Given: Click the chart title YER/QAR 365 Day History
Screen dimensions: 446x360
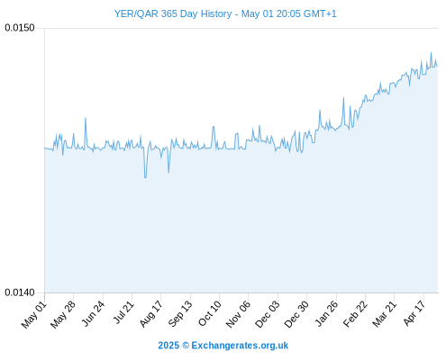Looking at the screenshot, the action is pos(173,13).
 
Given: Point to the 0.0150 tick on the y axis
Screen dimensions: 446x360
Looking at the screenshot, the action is pos(20,28).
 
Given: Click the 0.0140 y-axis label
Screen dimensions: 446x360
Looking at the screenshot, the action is pos(20,292).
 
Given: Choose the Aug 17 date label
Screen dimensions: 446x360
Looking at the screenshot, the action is pos(151,314).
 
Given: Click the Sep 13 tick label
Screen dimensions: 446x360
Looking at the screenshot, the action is pos(180,314).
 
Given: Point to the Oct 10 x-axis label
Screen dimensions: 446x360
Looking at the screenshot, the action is pos(210,313).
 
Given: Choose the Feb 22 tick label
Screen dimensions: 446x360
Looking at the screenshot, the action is pos(355,314).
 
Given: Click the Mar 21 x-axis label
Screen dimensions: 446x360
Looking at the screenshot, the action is pos(385,314).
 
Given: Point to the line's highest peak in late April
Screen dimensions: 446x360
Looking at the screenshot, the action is pos(431,53).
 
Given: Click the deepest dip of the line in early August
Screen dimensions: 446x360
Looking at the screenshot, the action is pos(145,177).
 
